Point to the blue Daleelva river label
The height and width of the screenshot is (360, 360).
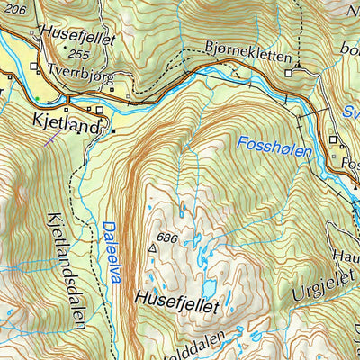tap(110, 253)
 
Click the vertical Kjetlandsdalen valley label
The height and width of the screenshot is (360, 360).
tap(65, 270)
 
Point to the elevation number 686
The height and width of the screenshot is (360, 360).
tap(190, 239)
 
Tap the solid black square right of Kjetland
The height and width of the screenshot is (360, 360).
tap(113, 131)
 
